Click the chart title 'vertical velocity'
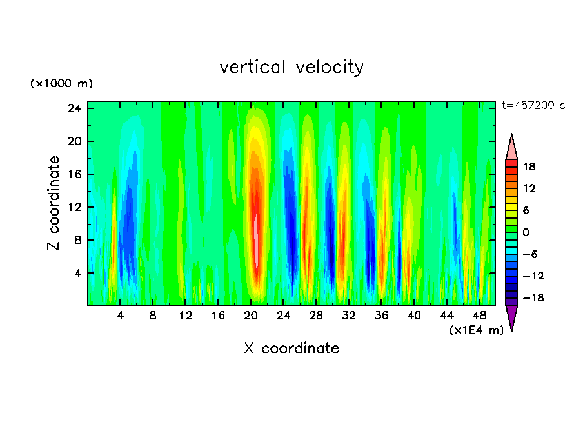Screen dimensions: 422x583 pyautogui.click(x=291, y=67)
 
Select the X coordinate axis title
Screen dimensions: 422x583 pyautogui.click(x=291, y=348)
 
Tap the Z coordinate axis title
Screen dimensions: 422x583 pyautogui.click(x=54, y=203)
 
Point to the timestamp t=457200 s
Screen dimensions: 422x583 pyautogui.click(x=533, y=105)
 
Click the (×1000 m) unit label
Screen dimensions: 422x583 pyautogui.click(x=61, y=84)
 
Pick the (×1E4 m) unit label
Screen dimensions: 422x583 pyautogui.click(x=476, y=330)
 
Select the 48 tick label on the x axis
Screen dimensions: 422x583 pyautogui.click(x=479, y=316)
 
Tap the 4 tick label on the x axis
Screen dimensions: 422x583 pyautogui.click(x=121, y=316)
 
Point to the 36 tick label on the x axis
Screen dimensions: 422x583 pyautogui.click(x=381, y=316)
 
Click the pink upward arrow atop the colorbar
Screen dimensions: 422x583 pyautogui.click(x=511, y=147)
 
